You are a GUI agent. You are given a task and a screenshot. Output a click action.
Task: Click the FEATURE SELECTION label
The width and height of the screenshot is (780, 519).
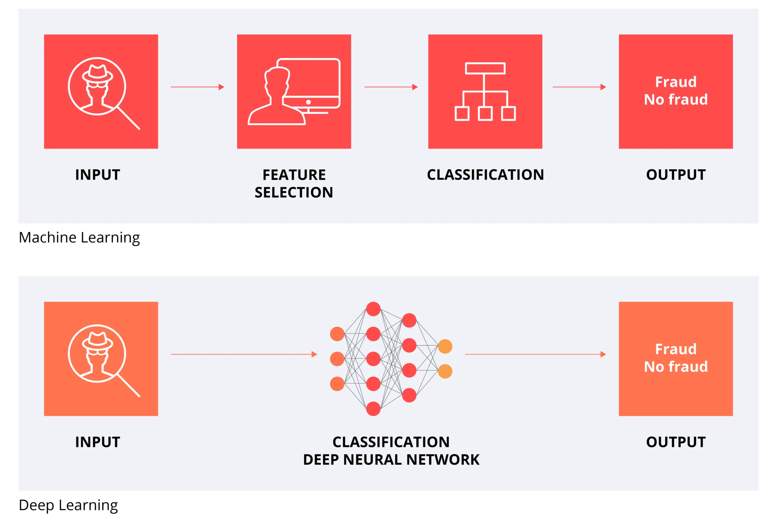coord(294,183)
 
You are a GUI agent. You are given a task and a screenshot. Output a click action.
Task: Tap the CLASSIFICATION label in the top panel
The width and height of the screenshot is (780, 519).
coord(485,175)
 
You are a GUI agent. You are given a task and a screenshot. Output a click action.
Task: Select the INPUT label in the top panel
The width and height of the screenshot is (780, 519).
coord(98,175)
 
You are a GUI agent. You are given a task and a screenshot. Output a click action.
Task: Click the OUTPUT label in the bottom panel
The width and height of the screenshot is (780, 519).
coord(676,442)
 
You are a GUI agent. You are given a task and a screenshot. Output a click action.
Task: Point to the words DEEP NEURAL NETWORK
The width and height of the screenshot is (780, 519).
coord(391,460)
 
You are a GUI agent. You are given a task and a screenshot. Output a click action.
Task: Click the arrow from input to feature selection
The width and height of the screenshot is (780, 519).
coord(197,87)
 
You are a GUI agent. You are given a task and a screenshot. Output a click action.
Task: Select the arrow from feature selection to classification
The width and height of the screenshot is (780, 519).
coord(391,87)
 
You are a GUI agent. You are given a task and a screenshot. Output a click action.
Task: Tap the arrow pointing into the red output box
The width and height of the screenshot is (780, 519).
coord(579,87)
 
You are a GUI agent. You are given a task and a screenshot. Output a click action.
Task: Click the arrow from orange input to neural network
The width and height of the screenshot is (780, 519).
coord(244,354)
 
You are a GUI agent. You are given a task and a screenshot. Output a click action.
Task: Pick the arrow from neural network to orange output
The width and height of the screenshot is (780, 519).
coord(535,354)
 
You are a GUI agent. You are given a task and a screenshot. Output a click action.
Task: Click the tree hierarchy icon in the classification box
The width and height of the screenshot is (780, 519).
coord(485,91)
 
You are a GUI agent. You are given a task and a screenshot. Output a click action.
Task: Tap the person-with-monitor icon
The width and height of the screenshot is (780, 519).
coord(294,91)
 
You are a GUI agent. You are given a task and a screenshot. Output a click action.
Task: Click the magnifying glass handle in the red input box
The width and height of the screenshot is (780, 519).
coord(129,118)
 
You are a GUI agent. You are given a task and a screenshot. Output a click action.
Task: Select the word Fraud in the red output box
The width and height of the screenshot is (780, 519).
coord(676,82)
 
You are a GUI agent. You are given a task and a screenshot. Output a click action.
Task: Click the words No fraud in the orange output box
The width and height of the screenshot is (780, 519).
coord(676,367)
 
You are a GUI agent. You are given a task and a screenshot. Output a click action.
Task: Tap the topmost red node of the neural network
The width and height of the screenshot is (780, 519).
coord(373,309)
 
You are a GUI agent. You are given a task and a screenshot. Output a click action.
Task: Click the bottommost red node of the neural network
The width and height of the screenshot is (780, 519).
coord(373,409)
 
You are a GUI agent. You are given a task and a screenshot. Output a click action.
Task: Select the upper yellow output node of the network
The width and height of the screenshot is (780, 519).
coord(445,347)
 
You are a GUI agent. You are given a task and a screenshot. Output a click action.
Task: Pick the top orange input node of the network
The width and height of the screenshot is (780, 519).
coord(337,334)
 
